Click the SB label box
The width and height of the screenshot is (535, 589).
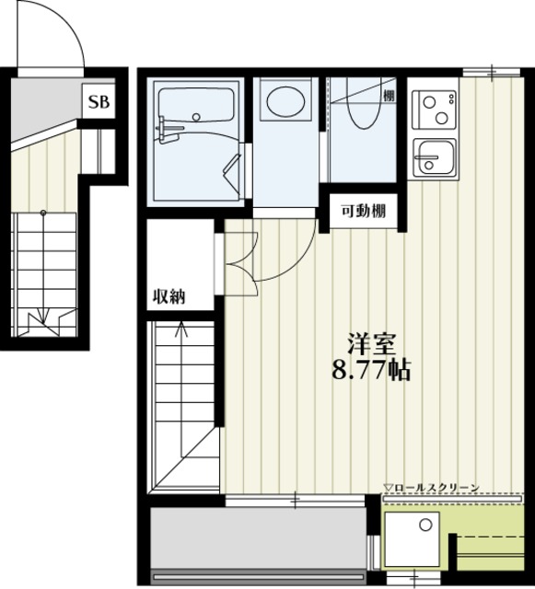99,101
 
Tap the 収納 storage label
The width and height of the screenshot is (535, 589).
169,296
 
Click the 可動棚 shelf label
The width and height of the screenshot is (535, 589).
363,212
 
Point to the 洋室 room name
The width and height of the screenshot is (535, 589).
371,343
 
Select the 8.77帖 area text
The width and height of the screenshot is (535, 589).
371,370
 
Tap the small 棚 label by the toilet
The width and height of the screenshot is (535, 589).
389,96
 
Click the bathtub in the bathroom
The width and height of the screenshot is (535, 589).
195,105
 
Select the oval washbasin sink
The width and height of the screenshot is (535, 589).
285,101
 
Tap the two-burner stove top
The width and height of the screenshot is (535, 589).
434,110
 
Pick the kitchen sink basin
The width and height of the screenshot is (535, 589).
434,157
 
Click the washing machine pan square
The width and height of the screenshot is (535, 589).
412,539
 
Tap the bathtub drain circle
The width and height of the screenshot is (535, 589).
196,117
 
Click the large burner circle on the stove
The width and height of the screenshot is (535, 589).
441,118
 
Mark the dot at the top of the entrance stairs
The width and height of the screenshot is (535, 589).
43,213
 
